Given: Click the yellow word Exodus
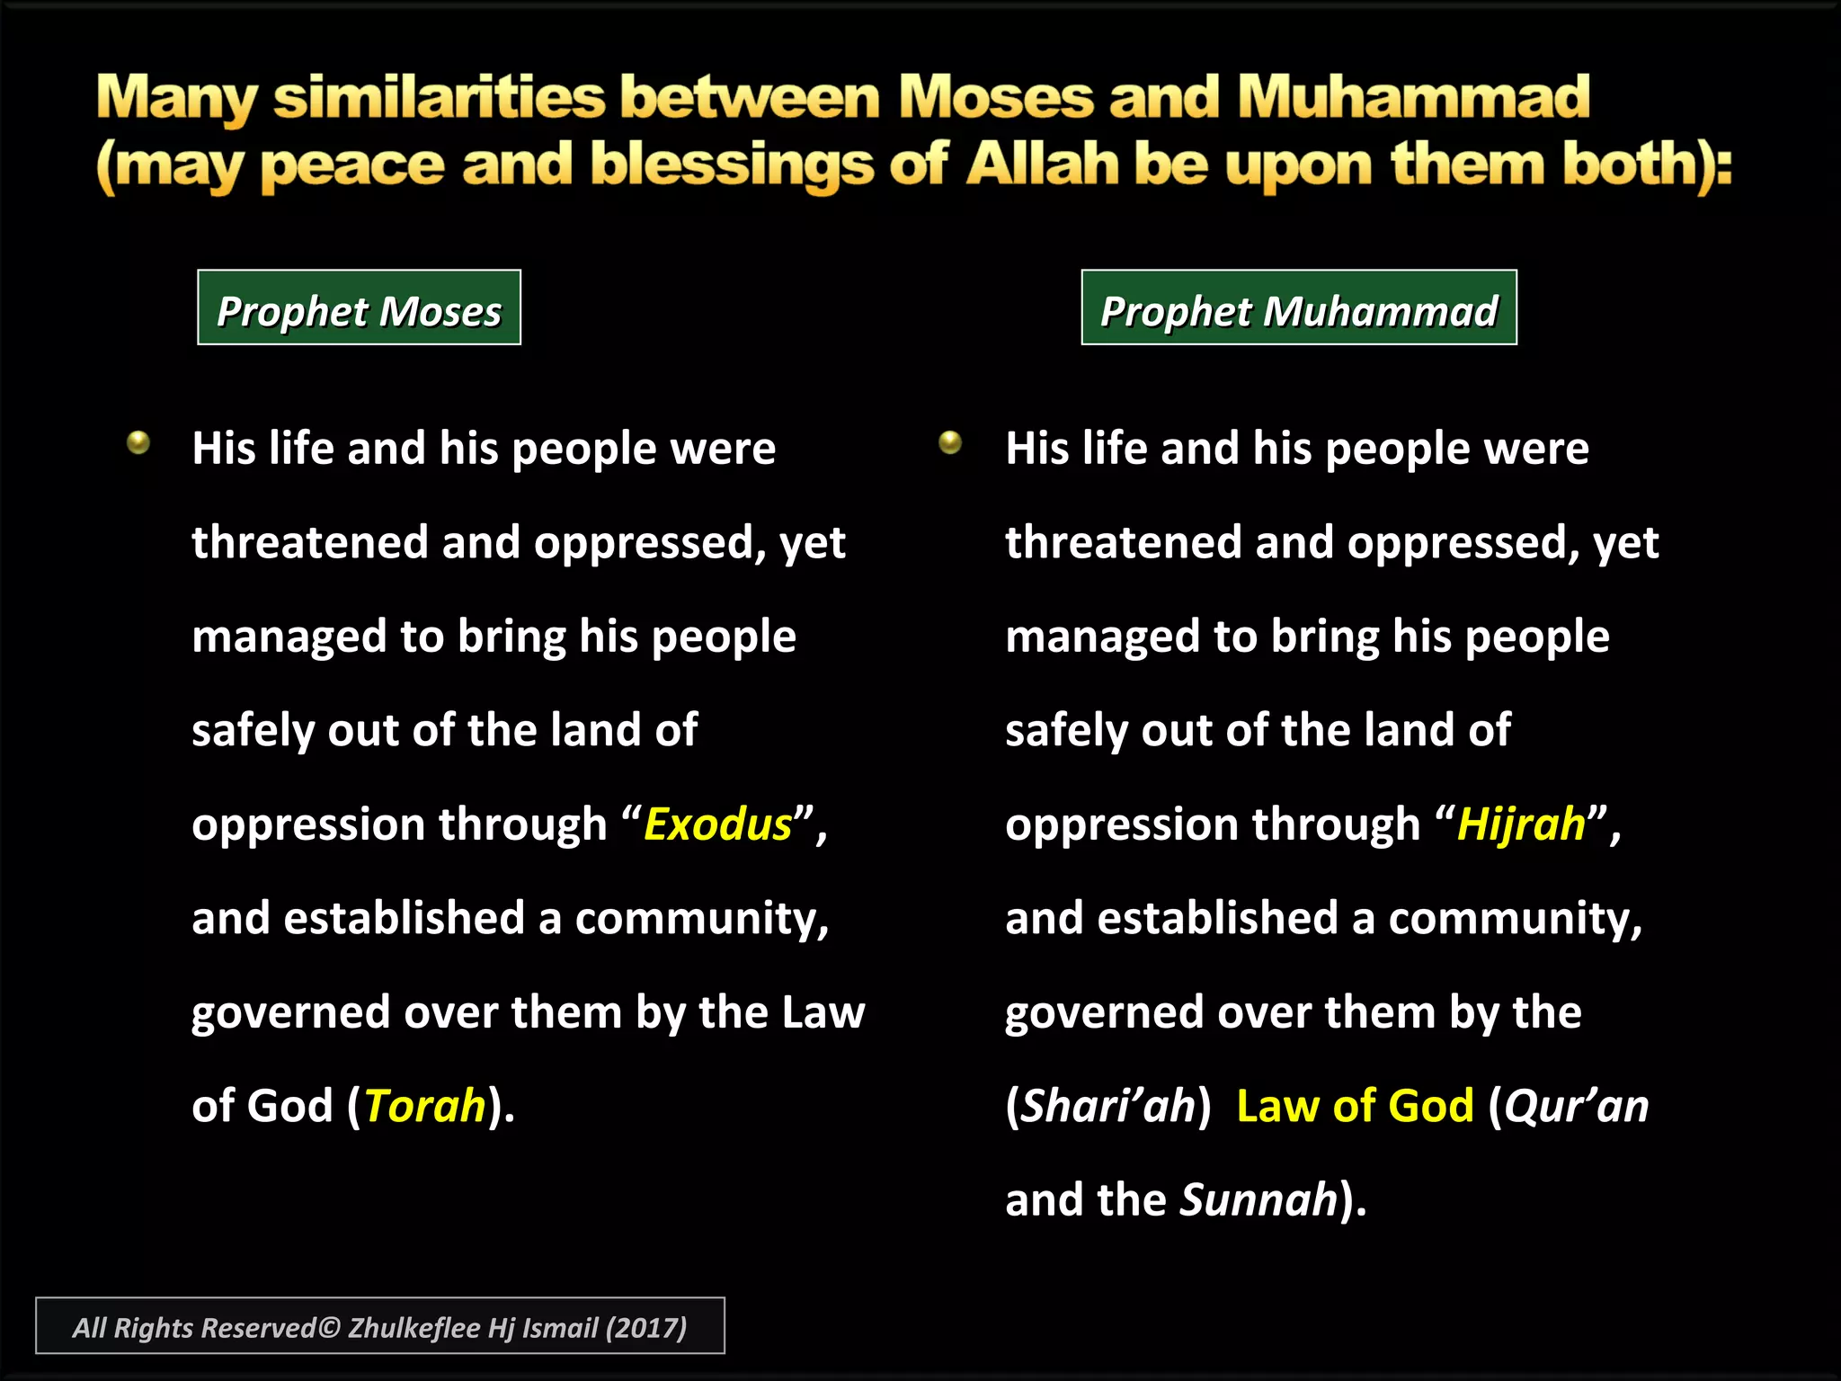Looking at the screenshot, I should pyautogui.click(x=717, y=824).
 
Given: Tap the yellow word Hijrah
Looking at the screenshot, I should pyautogui.click(x=1521, y=824).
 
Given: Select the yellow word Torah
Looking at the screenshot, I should pyautogui.click(x=425, y=1106).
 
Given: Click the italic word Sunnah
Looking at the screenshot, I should pyautogui.click(x=1258, y=1200).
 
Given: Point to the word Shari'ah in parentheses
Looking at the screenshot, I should pyautogui.click(x=1109, y=1106).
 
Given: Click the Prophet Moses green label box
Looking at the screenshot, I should pyautogui.click(x=359, y=308).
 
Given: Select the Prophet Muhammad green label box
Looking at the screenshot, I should pyautogui.click(x=1298, y=308).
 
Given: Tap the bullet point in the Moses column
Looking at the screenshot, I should pyautogui.click(x=138, y=442).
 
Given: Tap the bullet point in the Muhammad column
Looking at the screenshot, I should pyautogui.click(x=950, y=442).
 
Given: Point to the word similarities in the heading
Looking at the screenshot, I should pyautogui.click(x=439, y=97).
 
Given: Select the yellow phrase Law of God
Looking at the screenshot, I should pyautogui.click(x=1355, y=1106).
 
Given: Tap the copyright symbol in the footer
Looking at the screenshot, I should pyautogui.click(x=330, y=1328).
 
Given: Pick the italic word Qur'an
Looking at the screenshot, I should pyautogui.click(x=1577, y=1106).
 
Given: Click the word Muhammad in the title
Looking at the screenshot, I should pyautogui.click(x=1413, y=97).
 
